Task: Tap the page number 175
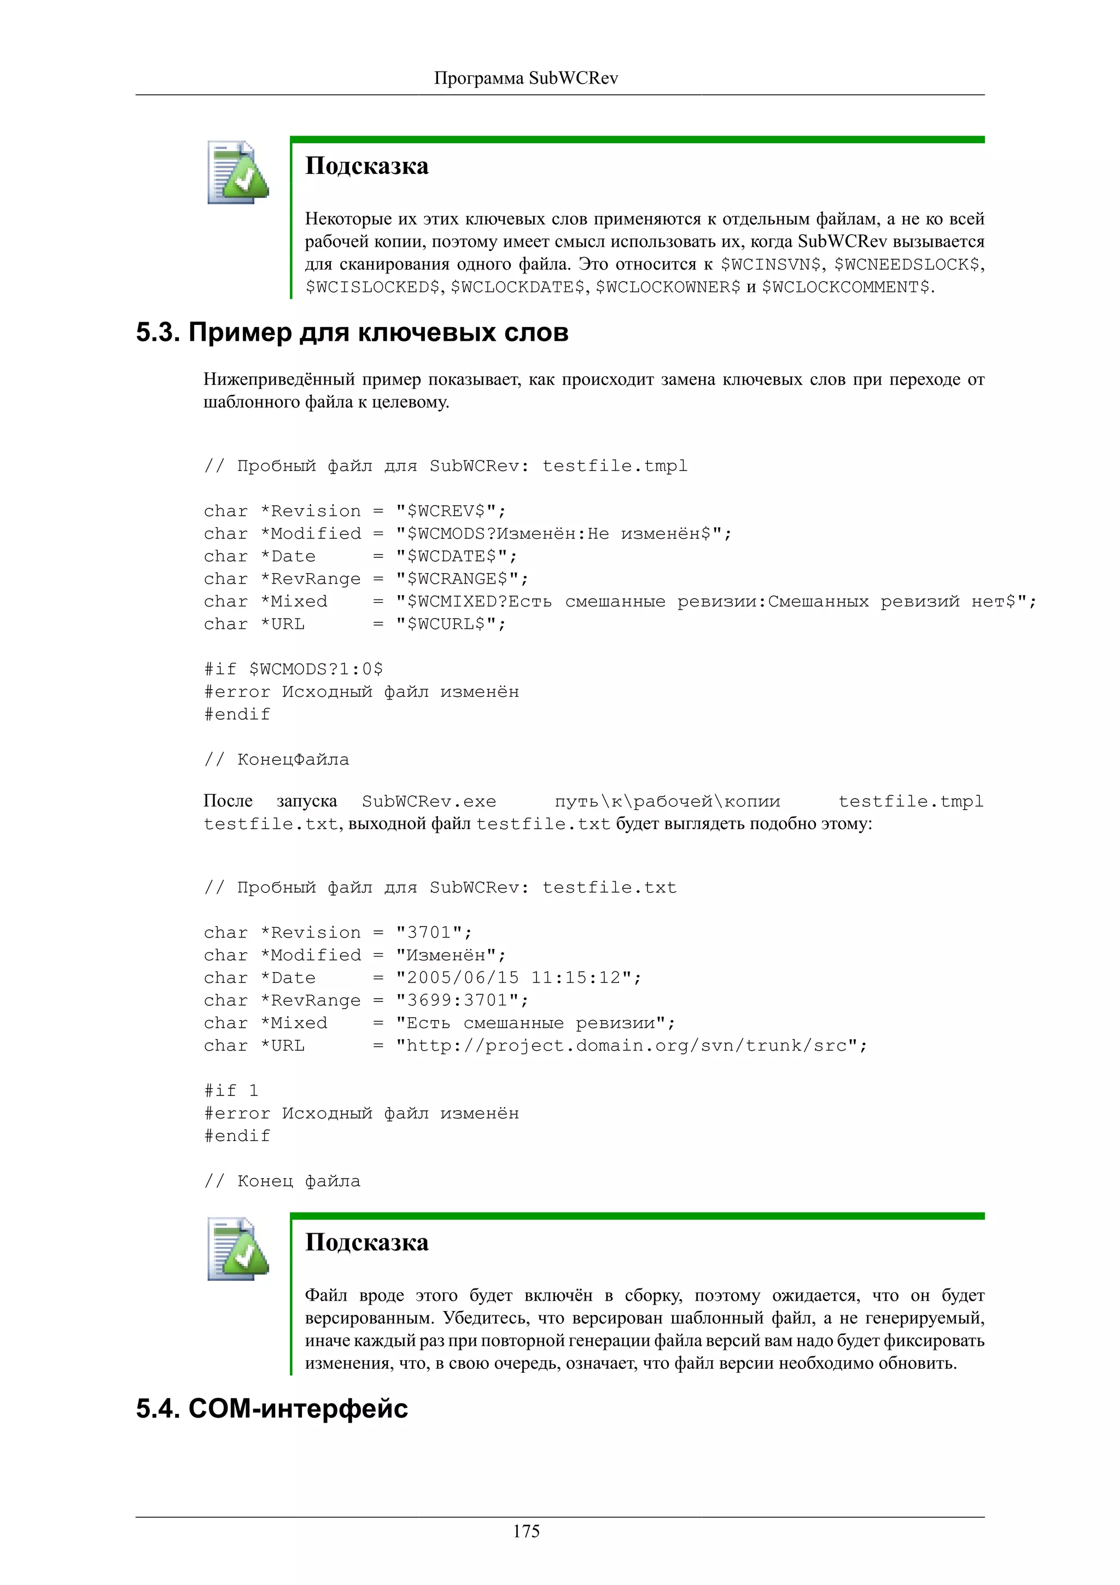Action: pos(526,1531)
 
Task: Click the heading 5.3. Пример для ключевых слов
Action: pos(352,333)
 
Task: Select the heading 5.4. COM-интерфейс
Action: pos(271,1408)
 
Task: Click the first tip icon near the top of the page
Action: pos(237,173)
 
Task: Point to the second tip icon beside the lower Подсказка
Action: pos(237,1250)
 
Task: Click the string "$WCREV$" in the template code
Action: pos(445,511)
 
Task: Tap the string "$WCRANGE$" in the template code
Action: pos(456,579)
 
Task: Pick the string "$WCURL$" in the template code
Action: pos(445,624)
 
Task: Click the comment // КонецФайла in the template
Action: pos(277,759)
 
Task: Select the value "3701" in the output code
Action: pos(429,933)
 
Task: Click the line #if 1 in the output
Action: pos(231,1091)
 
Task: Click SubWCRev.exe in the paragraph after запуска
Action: pos(429,801)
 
